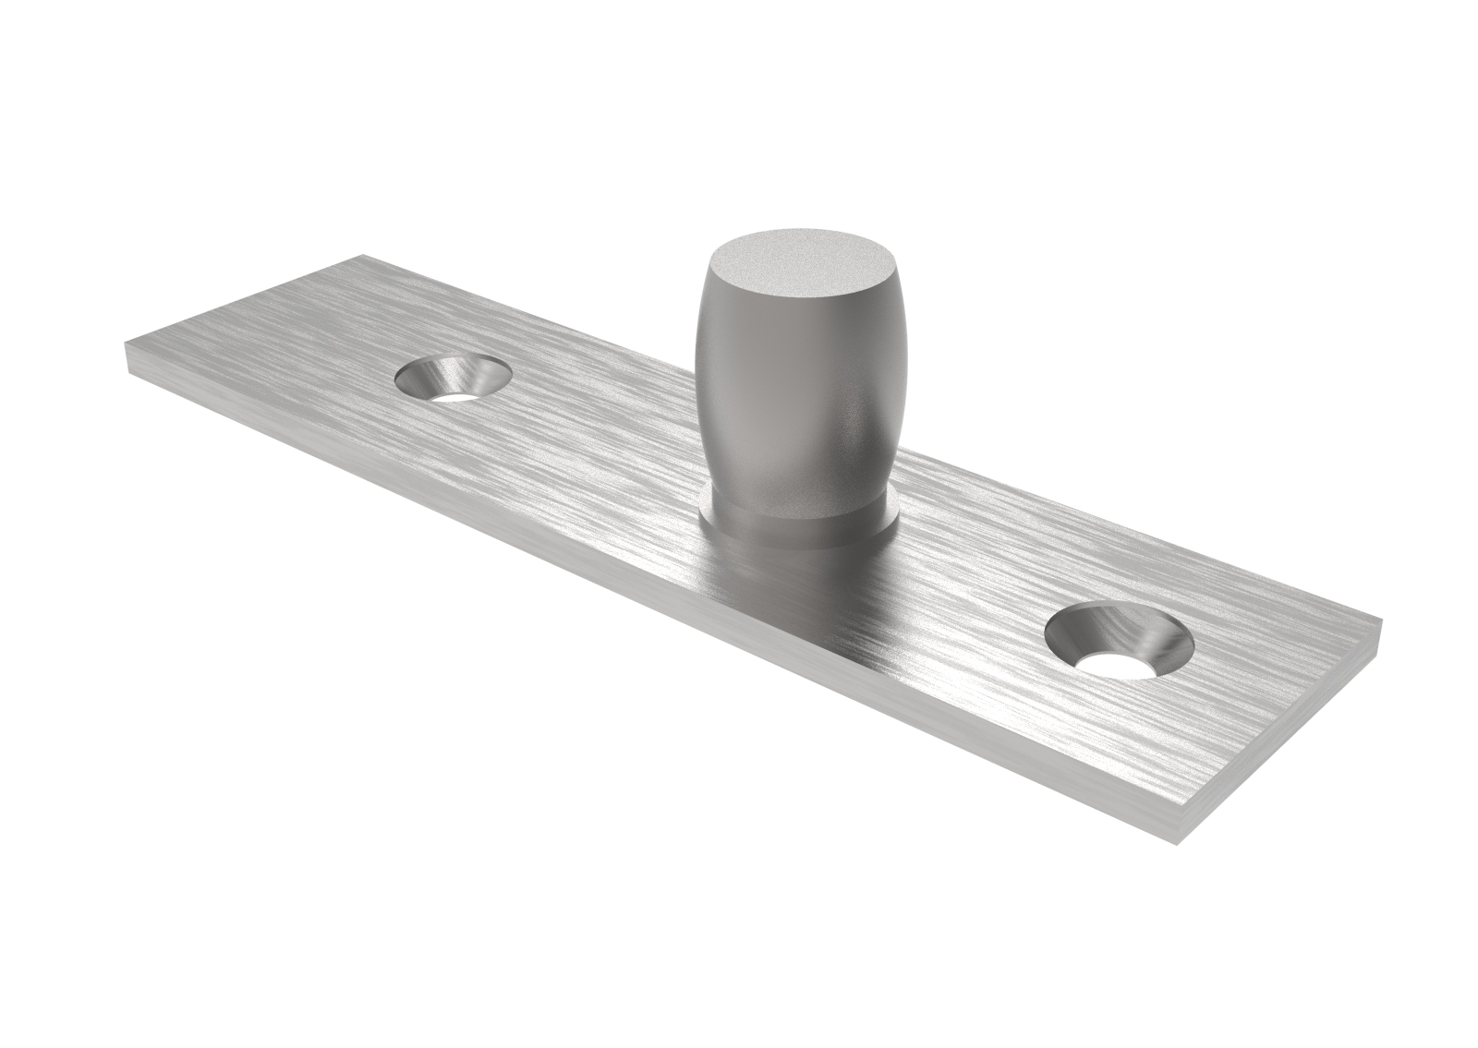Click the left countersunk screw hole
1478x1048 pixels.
point(453,378)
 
